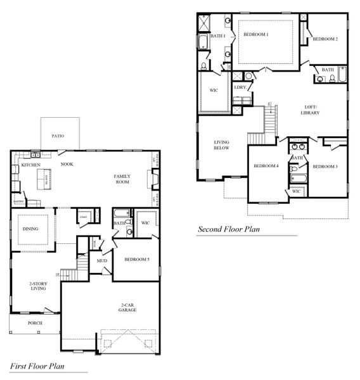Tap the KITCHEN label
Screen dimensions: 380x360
point(30,165)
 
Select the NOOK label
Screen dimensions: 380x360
point(67,164)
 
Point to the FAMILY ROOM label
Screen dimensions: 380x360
point(122,179)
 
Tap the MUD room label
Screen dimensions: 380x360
point(101,260)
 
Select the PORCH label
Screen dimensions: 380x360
point(35,323)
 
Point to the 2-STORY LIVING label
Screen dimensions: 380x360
point(39,287)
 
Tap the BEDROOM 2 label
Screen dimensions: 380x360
point(325,39)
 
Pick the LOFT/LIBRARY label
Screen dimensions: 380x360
point(310,110)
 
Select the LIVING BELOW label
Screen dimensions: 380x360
point(221,145)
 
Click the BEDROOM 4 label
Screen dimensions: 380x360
point(266,166)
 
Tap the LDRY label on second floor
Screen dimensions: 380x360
point(240,87)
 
